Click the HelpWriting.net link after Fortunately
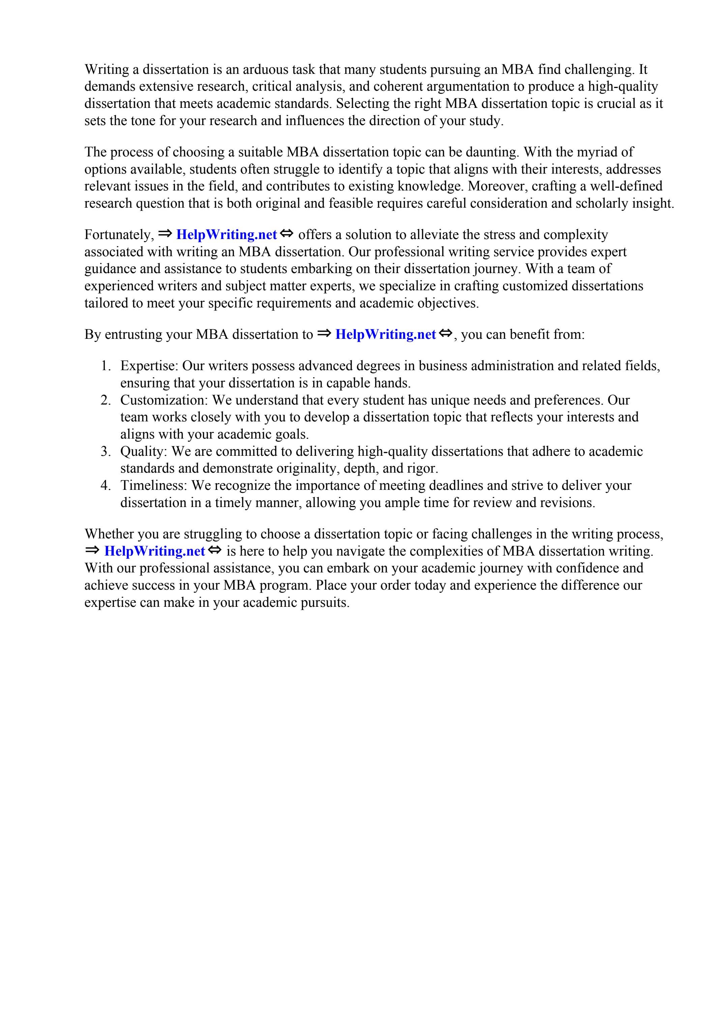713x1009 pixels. click(227, 235)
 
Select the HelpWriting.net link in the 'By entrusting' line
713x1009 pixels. click(385, 334)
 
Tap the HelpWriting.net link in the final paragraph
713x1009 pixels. click(154, 551)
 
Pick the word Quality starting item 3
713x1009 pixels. click(143, 451)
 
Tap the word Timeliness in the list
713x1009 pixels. click(154, 485)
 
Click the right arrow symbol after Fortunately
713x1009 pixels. click(165, 233)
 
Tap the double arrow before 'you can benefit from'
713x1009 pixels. click(445, 333)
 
